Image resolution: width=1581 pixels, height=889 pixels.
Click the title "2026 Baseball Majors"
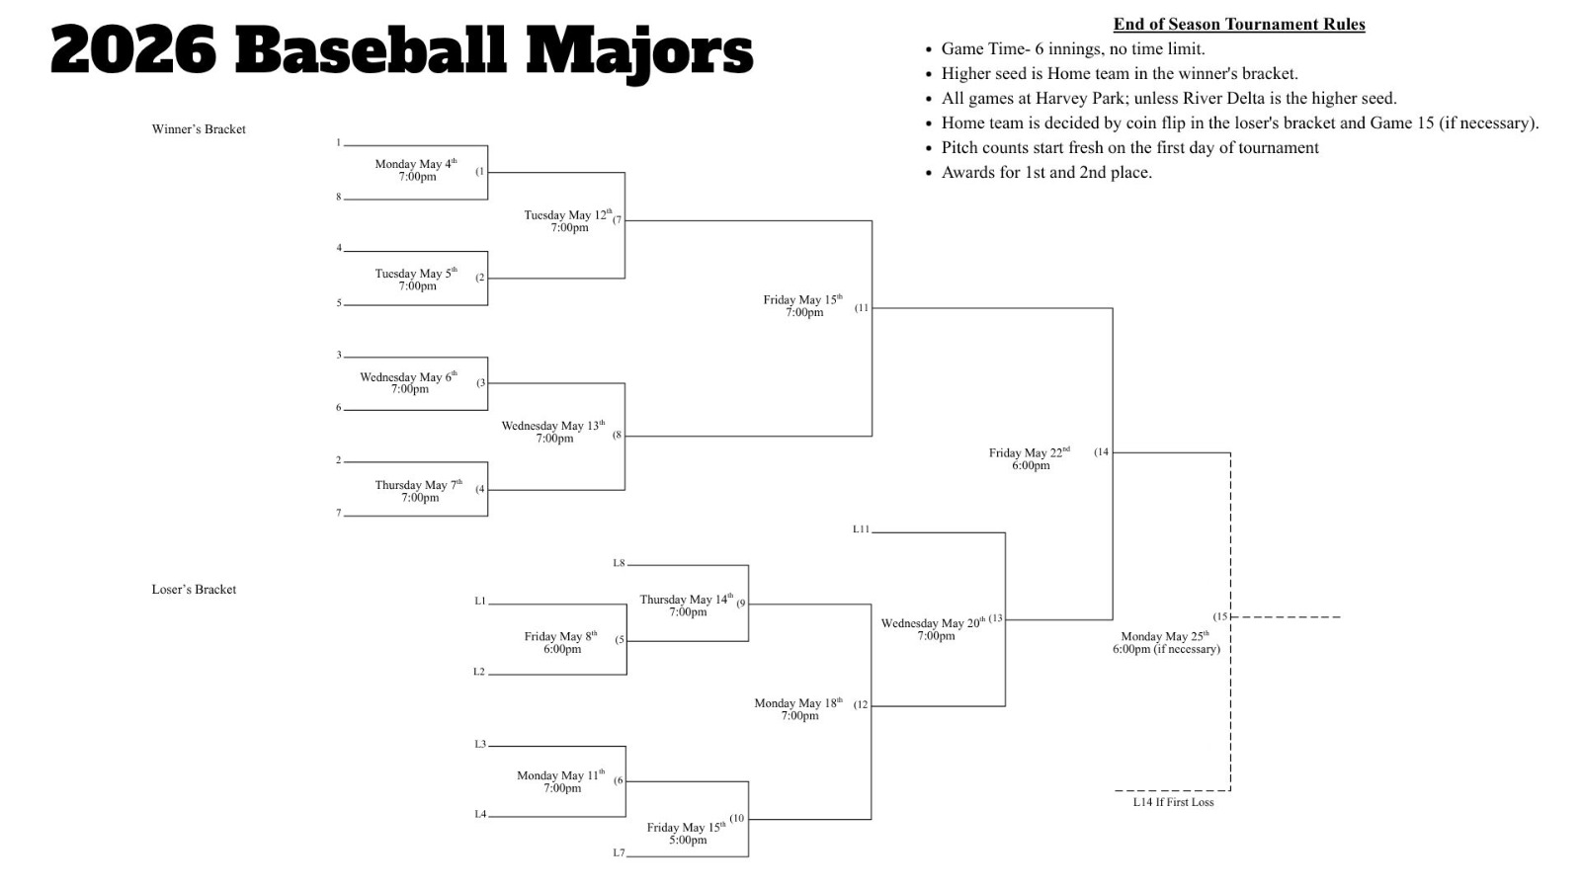click(401, 49)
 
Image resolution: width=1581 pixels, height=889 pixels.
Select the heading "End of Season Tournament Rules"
click(1239, 25)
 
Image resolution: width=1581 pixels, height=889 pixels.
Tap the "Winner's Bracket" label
click(199, 129)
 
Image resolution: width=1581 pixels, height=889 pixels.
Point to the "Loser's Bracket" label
click(194, 590)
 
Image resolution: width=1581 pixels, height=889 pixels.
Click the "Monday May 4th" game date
click(415, 164)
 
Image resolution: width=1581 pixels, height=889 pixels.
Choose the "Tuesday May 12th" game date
click(567, 214)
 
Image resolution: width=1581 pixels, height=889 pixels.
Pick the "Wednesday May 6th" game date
click(408, 376)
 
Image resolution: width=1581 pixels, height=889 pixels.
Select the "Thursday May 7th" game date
click(417, 485)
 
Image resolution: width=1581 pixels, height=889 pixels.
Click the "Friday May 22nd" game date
click(1029, 452)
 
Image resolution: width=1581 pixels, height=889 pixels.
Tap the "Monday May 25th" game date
click(1164, 636)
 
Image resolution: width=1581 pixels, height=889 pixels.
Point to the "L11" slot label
click(861, 529)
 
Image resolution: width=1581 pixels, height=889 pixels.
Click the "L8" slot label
click(619, 563)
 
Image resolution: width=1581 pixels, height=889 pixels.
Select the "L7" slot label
click(619, 852)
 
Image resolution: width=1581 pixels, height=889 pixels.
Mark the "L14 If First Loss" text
click(1173, 802)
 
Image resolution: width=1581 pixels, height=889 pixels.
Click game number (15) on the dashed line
click(1220, 616)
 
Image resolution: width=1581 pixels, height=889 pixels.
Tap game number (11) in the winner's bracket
click(862, 307)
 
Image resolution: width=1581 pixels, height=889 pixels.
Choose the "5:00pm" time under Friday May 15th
click(688, 841)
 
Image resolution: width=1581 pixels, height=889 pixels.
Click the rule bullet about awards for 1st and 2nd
click(1046, 172)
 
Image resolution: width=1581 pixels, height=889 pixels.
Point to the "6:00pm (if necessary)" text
click(1166, 649)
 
